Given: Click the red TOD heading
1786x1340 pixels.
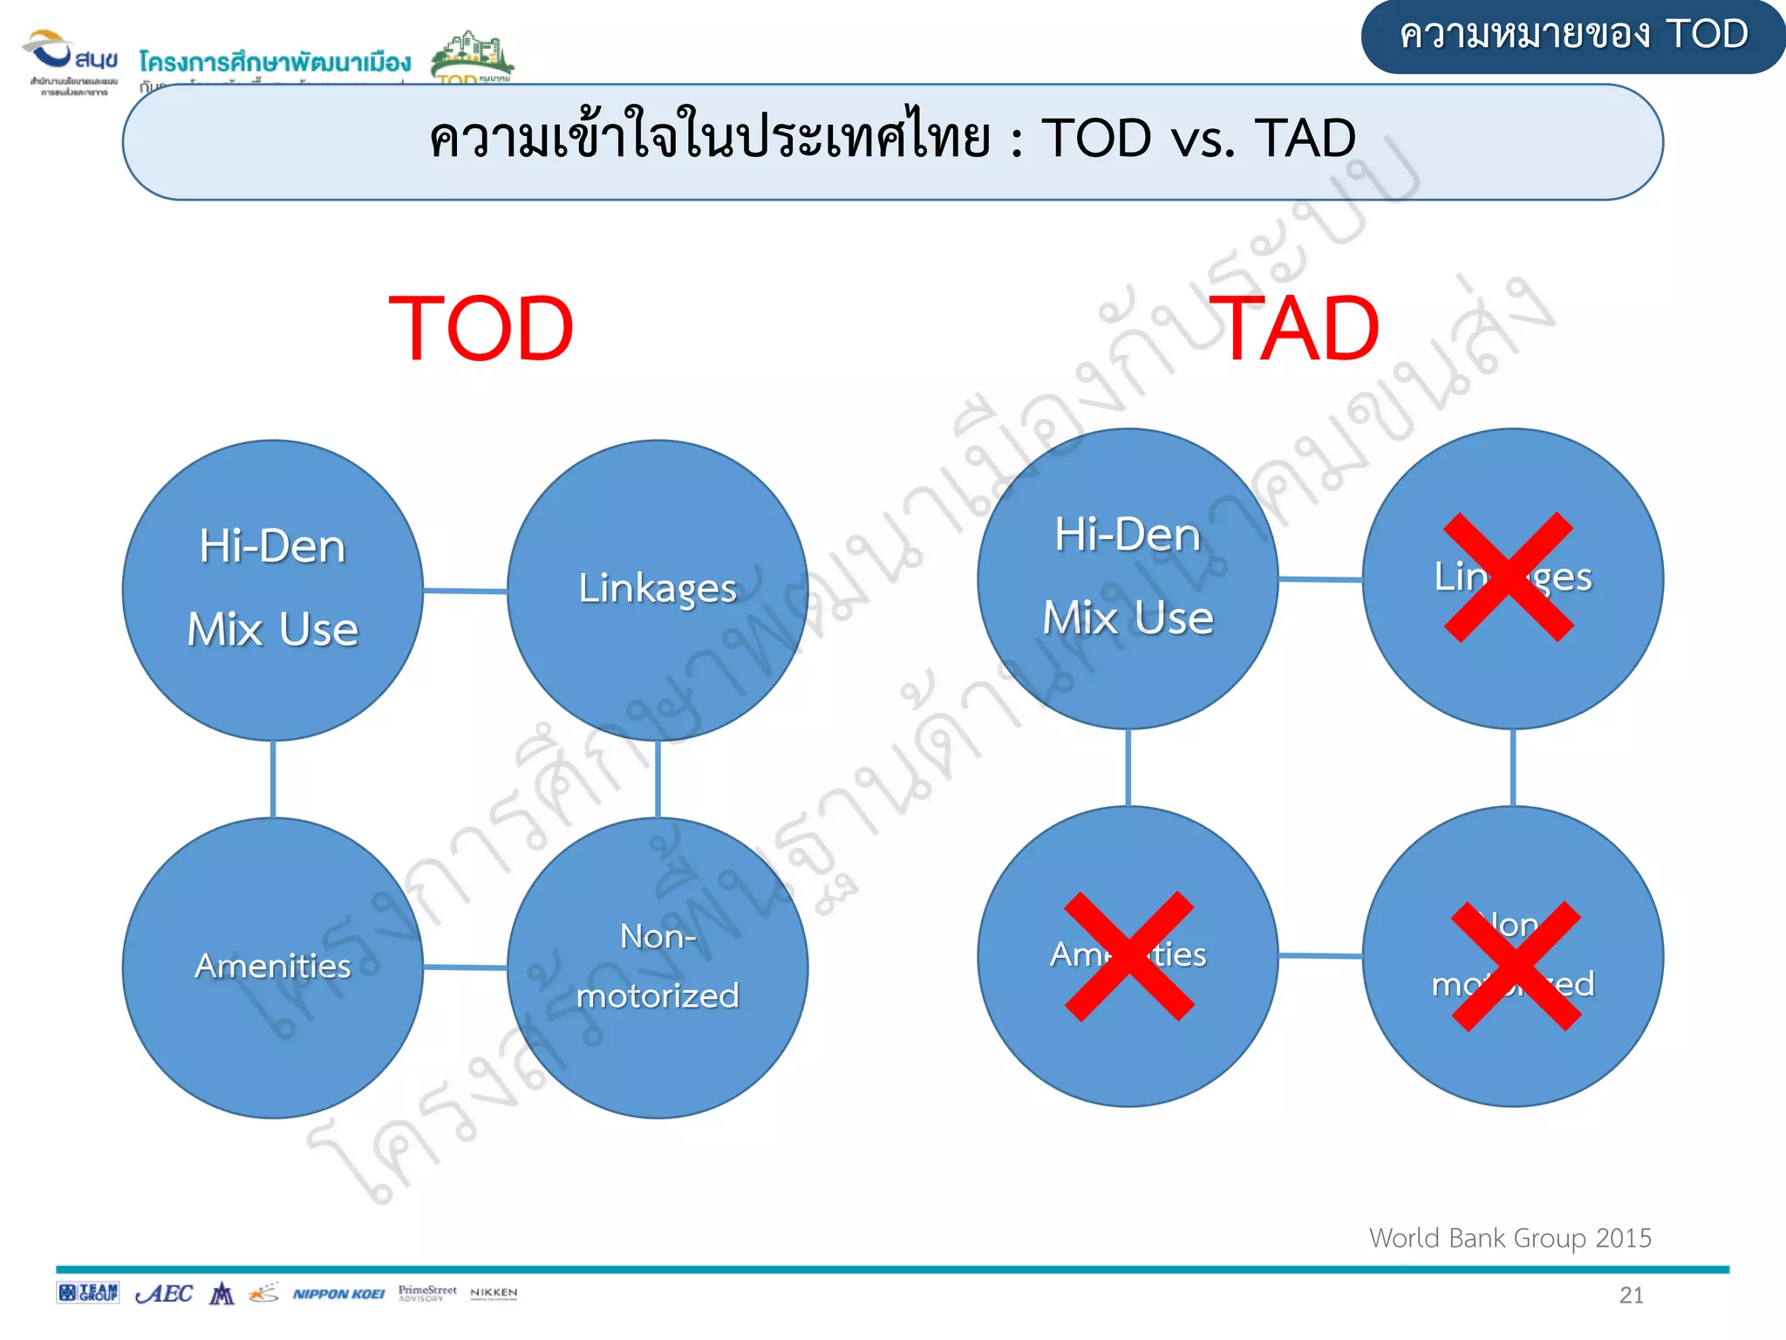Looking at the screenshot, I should (x=481, y=329).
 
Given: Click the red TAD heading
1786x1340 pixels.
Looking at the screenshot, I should (x=1299, y=329).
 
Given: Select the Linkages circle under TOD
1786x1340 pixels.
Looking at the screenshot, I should (x=658, y=590).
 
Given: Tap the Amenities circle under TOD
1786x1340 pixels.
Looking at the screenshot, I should (x=273, y=967).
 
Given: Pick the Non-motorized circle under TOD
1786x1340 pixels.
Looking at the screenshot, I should (x=658, y=967).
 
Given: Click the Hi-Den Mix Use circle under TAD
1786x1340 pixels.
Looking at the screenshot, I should (x=1128, y=578).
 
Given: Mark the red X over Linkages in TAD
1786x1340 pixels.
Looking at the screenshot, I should (x=1509, y=577).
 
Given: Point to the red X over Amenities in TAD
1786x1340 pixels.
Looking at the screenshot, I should (x=1129, y=956).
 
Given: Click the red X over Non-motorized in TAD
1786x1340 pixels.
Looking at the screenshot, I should (x=1516, y=966).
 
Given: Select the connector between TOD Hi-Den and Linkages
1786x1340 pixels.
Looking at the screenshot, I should (x=465, y=591).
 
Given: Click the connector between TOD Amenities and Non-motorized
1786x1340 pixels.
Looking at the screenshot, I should (x=465, y=967).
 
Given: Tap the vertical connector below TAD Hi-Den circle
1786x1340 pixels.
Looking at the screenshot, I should (x=1128, y=768).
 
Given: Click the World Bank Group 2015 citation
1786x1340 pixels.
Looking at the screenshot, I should (x=1510, y=1238).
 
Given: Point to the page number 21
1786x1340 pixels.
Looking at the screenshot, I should (x=1631, y=1296).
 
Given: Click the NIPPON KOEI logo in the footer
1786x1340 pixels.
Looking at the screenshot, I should (x=338, y=1294).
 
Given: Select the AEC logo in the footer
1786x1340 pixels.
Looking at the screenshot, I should (x=164, y=1294).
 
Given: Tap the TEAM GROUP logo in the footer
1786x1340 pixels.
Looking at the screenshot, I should (x=87, y=1293).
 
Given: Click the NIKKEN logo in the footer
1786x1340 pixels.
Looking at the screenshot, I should (x=494, y=1293).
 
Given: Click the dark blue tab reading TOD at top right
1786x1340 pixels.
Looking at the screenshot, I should (x=1572, y=36).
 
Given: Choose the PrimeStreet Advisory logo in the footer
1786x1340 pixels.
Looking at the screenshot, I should (x=427, y=1293).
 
